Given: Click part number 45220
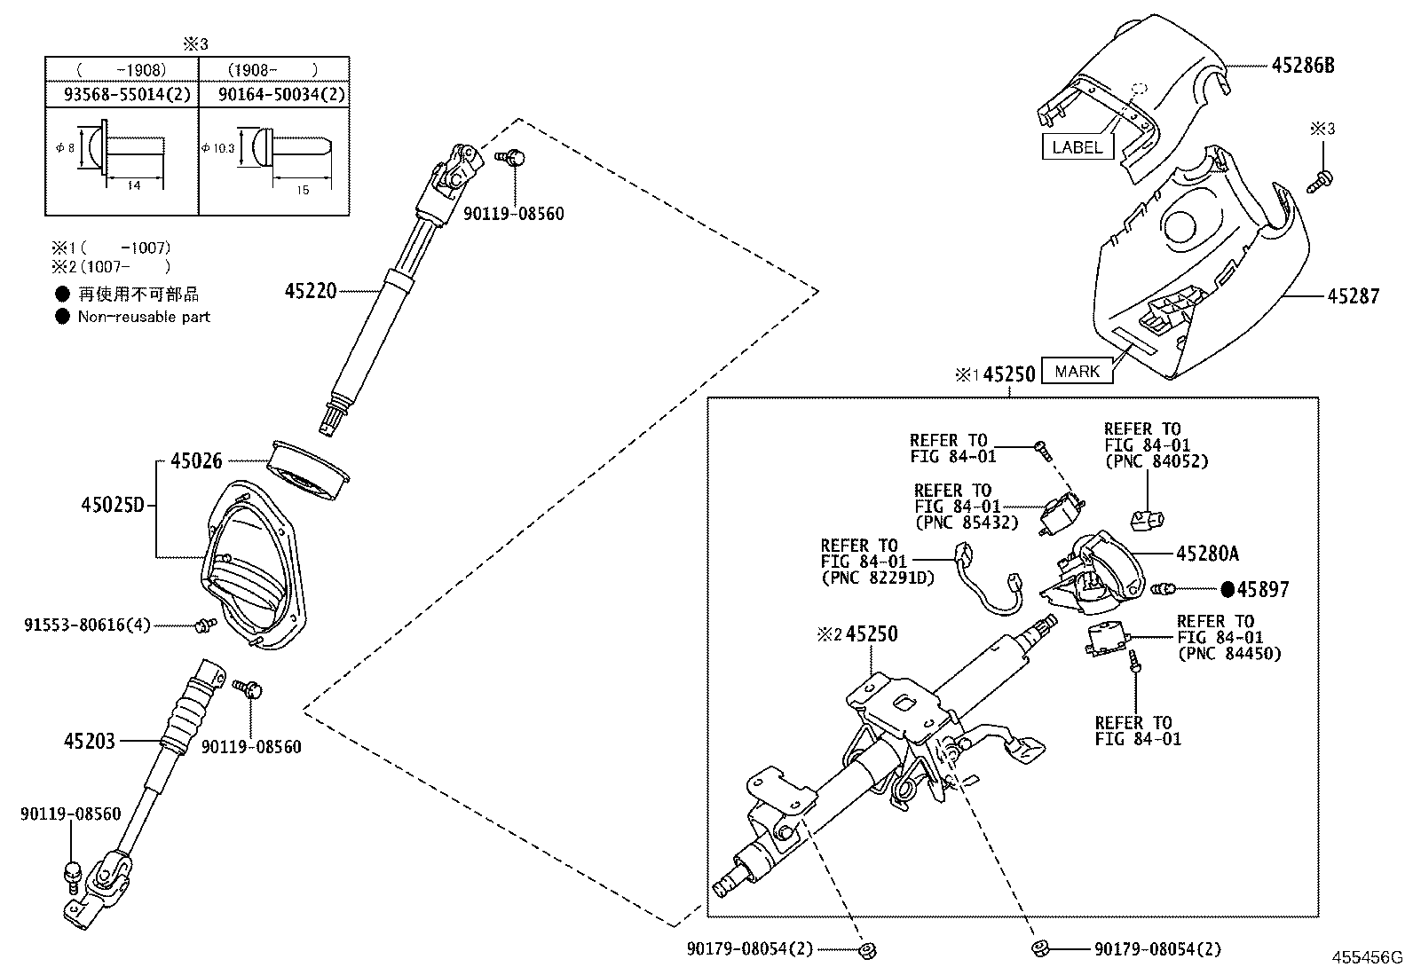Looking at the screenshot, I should tap(311, 290).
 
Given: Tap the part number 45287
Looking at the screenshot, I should tap(1354, 296).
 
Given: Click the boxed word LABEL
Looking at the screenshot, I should tap(1077, 147).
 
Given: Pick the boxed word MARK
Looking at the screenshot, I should tap(1077, 372).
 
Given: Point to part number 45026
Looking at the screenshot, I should tap(196, 460).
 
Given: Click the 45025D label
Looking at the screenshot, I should tap(112, 505).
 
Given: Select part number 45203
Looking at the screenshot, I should tap(89, 740).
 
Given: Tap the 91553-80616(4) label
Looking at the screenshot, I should tap(87, 625).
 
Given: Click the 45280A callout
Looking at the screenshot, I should tap(1206, 554).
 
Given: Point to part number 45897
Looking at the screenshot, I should tap(1263, 589).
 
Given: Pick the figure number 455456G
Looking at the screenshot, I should tap(1365, 957).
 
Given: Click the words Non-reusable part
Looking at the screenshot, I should tap(144, 316).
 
